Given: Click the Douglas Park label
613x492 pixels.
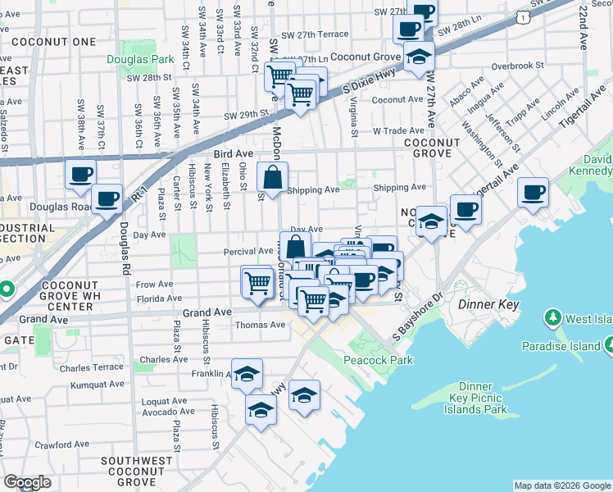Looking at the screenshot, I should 140,59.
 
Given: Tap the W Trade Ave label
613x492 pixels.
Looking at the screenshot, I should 398,130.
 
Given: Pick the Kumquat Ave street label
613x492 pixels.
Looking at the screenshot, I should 96,383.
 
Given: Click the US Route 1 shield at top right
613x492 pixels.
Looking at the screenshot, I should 522,16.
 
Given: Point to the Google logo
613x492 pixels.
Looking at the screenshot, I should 27,482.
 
